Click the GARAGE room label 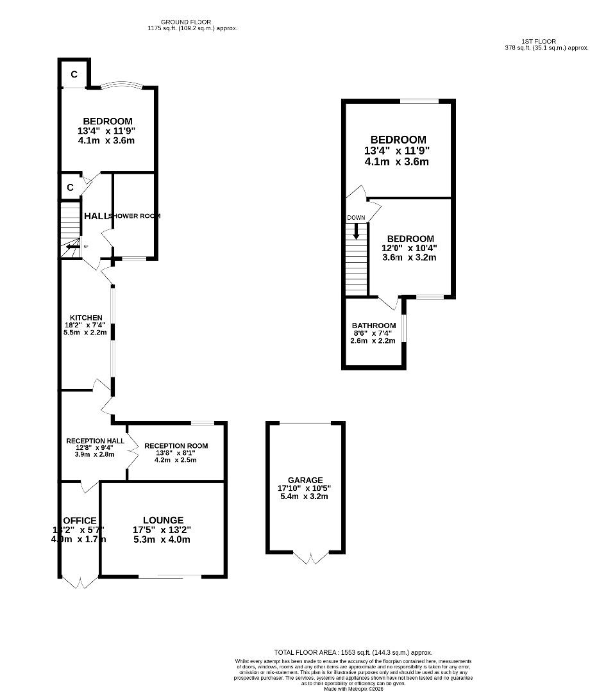(x=305, y=480)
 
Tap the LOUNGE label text (x=162, y=520)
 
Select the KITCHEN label (x=87, y=318)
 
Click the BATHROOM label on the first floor (x=373, y=325)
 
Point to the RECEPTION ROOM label (x=176, y=446)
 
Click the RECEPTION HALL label (x=95, y=441)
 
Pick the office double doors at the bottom (x=80, y=582)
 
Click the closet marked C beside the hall (x=71, y=188)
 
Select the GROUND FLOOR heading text (x=185, y=22)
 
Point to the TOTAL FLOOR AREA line (x=357, y=652)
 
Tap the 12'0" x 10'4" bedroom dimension (x=410, y=249)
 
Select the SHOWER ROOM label (x=135, y=216)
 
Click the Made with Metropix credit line (x=353, y=689)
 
